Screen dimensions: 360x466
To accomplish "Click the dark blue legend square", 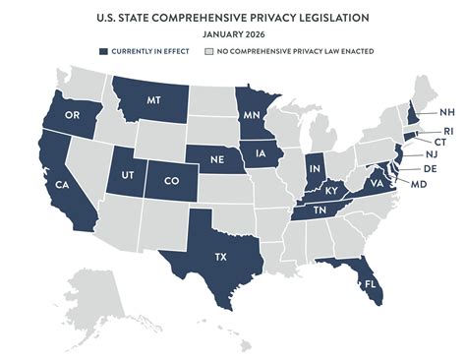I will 102,51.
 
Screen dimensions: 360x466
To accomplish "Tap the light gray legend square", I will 208,51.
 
